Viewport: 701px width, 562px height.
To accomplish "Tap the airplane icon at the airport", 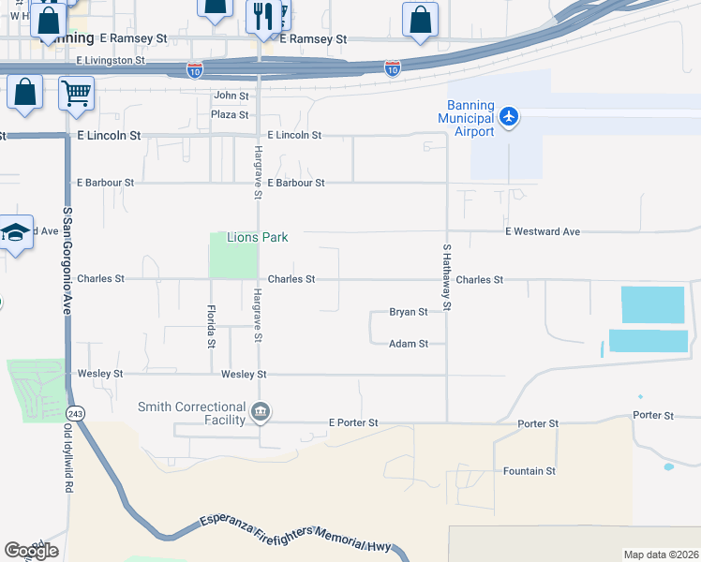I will coord(508,117).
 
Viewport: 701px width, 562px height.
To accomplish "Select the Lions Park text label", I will coord(256,238).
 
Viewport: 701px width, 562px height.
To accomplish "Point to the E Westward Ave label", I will coord(543,231).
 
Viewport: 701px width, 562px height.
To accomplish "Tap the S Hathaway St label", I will coord(447,277).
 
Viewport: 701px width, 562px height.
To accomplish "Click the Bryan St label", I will coord(409,312).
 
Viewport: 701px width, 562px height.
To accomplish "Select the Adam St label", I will coord(409,344).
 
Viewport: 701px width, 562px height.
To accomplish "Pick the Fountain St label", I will coord(529,471).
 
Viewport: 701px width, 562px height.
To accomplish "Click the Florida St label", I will coord(211,325).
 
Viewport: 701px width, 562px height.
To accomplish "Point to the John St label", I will coord(231,96).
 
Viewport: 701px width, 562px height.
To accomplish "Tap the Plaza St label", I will coord(230,115).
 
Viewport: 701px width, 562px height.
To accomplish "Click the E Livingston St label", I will coord(110,60).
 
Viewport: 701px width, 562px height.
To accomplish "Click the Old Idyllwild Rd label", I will coord(67,450).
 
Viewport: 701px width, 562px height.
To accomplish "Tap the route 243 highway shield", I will coord(76,413).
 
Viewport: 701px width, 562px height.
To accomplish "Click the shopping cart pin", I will coord(77,93).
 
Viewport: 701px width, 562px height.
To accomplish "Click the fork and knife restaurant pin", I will coord(260,16).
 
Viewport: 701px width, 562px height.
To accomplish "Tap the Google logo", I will coord(31,550).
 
